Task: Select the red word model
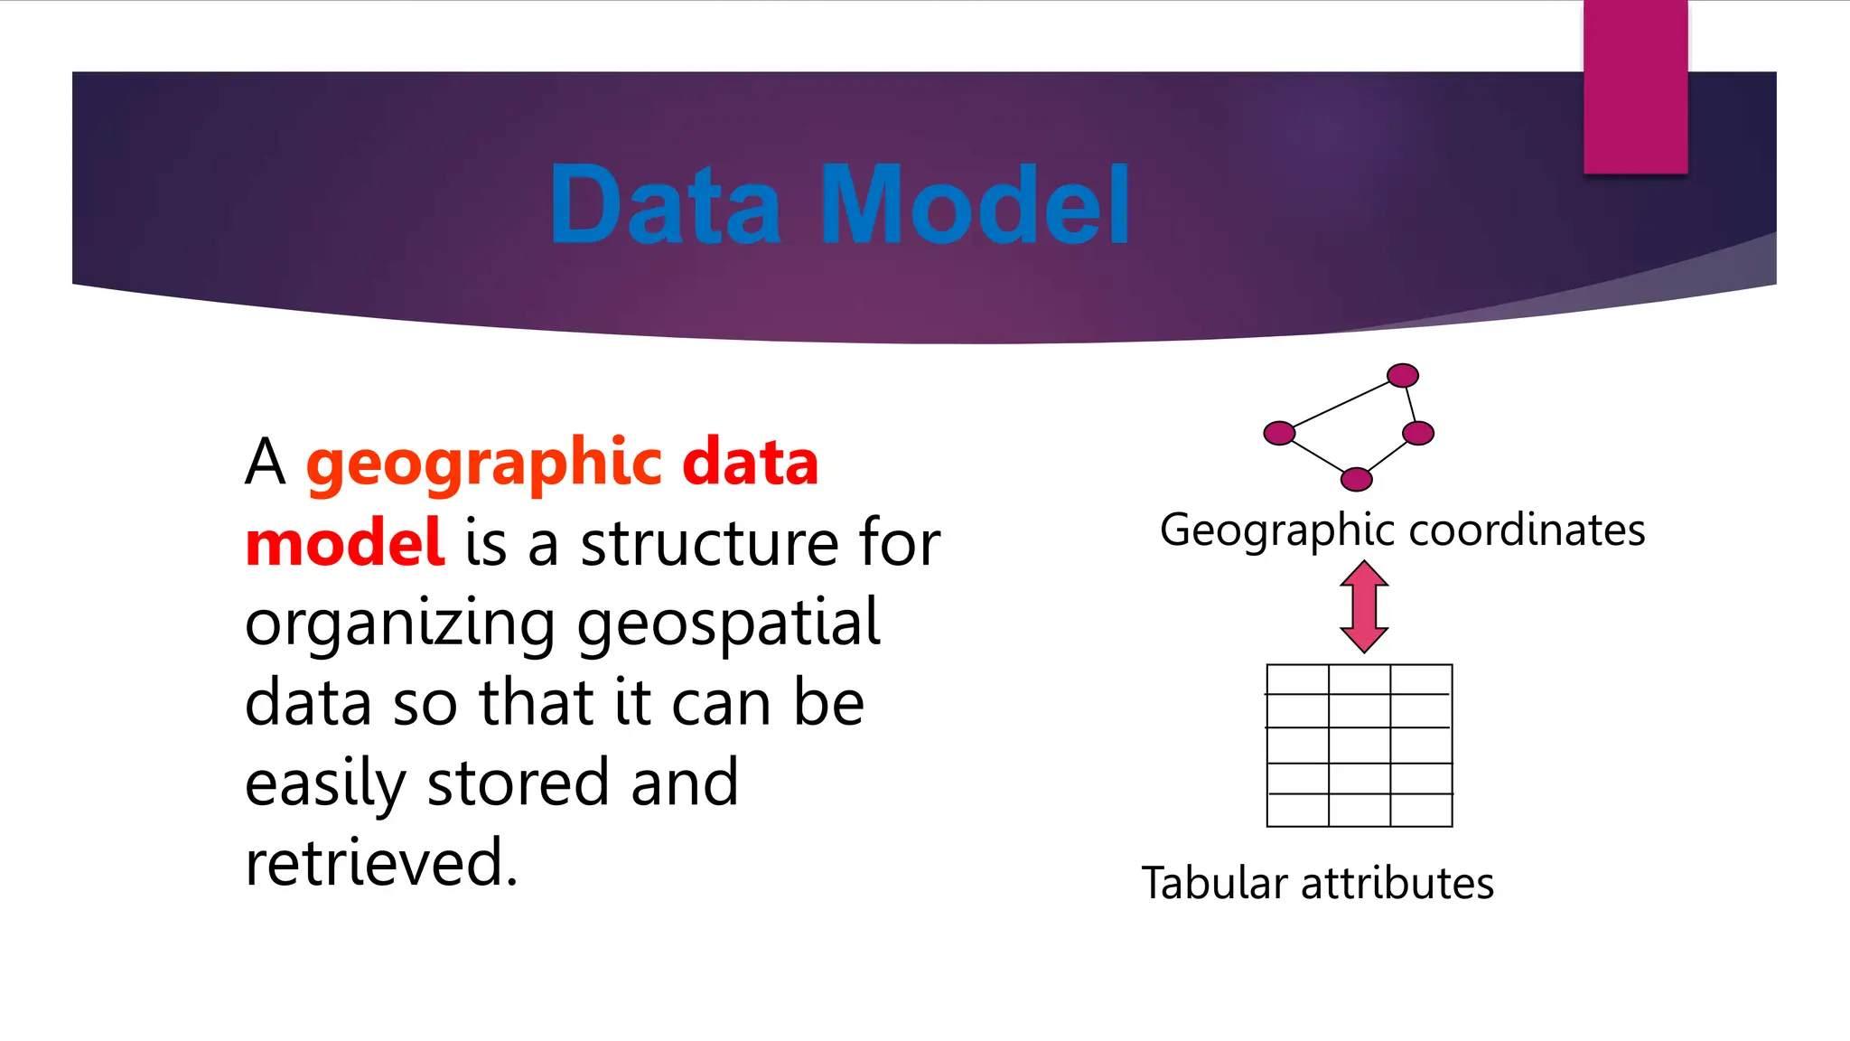click(x=344, y=543)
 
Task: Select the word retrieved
click(x=381, y=863)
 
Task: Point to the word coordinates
click(x=1527, y=530)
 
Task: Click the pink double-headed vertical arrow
click(x=1364, y=606)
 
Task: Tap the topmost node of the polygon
click(x=1402, y=375)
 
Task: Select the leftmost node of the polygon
click(x=1279, y=434)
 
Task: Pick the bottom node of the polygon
click(x=1356, y=479)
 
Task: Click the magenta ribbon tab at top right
click(x=1635, y=87)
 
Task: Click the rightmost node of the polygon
click(x=1418, y=434)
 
